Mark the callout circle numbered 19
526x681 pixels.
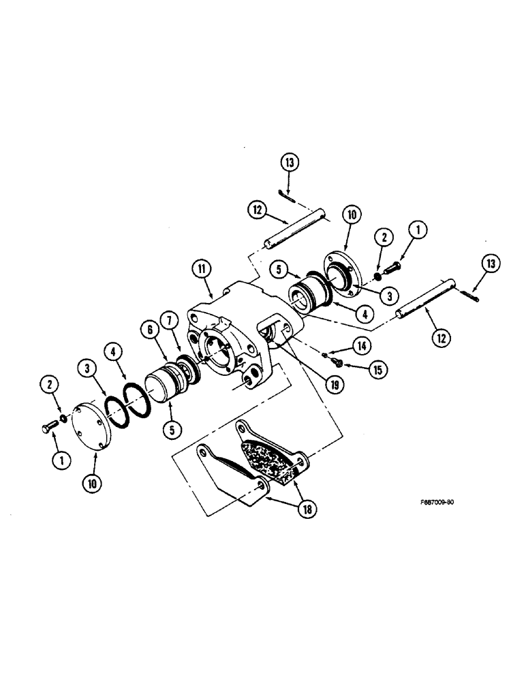click(335, 383)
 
